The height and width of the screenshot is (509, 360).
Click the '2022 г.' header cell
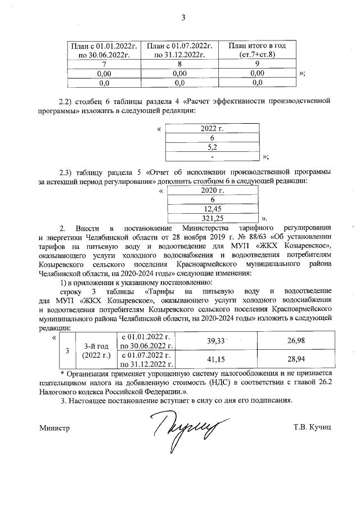pos(211,129)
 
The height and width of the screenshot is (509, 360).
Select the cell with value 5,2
pos(211,147)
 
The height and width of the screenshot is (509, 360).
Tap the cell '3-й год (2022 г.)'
pos(97,350)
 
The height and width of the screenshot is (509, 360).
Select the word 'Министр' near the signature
pos(54,428)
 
